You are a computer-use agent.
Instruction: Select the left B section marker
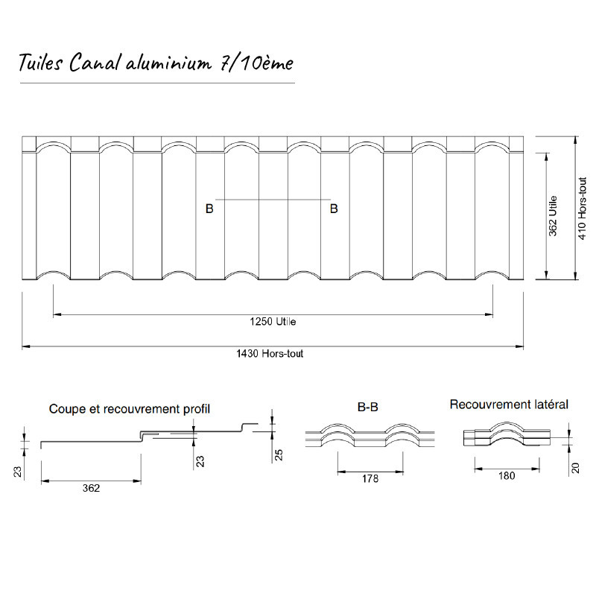pos(209,209)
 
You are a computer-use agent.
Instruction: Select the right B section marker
pos(334,209)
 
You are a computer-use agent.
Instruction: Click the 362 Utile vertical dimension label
pos(553,215)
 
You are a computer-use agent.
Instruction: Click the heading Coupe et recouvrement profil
pos(130,409)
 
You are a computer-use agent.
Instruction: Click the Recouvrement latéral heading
pos(509,405)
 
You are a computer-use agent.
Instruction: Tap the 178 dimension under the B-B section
pos(369,479)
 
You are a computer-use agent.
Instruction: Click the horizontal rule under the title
pos(156,82)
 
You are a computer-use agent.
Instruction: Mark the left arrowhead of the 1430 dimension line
pos(26,346)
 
